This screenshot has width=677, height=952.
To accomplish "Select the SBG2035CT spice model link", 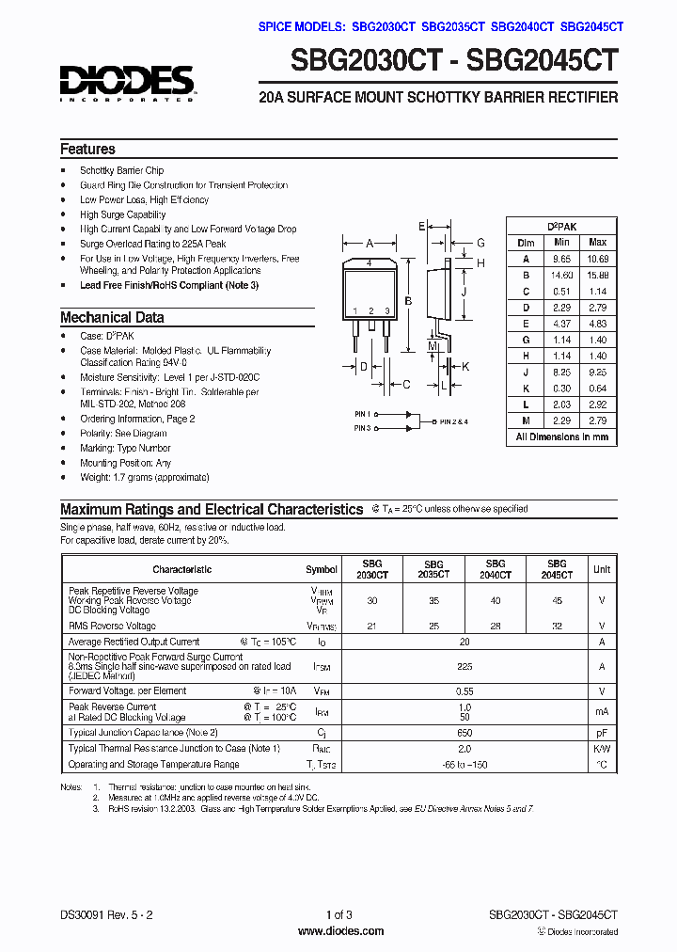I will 453,26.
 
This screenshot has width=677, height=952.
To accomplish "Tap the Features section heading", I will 87,150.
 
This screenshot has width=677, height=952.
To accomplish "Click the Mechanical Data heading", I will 112,318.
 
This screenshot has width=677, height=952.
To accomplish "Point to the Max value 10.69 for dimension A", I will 597,259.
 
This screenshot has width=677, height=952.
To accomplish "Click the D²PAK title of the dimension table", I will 562,227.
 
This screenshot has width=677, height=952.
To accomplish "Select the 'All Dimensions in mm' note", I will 562,436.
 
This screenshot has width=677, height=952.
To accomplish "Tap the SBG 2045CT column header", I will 557,569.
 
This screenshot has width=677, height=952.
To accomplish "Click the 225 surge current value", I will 464,665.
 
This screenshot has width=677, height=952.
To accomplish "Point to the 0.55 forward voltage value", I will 464,690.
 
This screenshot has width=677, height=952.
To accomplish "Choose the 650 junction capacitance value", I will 464,732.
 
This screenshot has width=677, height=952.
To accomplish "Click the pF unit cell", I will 601,732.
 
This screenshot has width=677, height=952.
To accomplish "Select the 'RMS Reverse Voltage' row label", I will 112,626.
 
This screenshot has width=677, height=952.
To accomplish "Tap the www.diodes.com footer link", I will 339,931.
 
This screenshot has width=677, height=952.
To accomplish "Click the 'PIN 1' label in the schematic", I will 363,413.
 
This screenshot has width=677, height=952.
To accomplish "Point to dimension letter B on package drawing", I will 407,301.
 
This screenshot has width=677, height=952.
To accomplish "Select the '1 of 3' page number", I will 338,914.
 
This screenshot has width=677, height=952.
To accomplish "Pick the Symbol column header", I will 322,569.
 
